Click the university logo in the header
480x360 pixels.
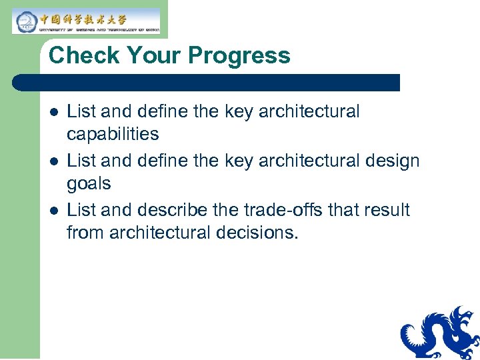[x=86, y=21]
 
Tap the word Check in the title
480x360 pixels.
[x=83, y=55]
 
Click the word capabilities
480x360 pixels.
[x=113, y=135]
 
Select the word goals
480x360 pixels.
[x=89, y=183]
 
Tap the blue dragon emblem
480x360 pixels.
[x=440, y=333]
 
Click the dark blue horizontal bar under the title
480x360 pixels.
[x=207, y=83]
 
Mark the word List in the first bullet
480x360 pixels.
[x=81, y=111]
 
